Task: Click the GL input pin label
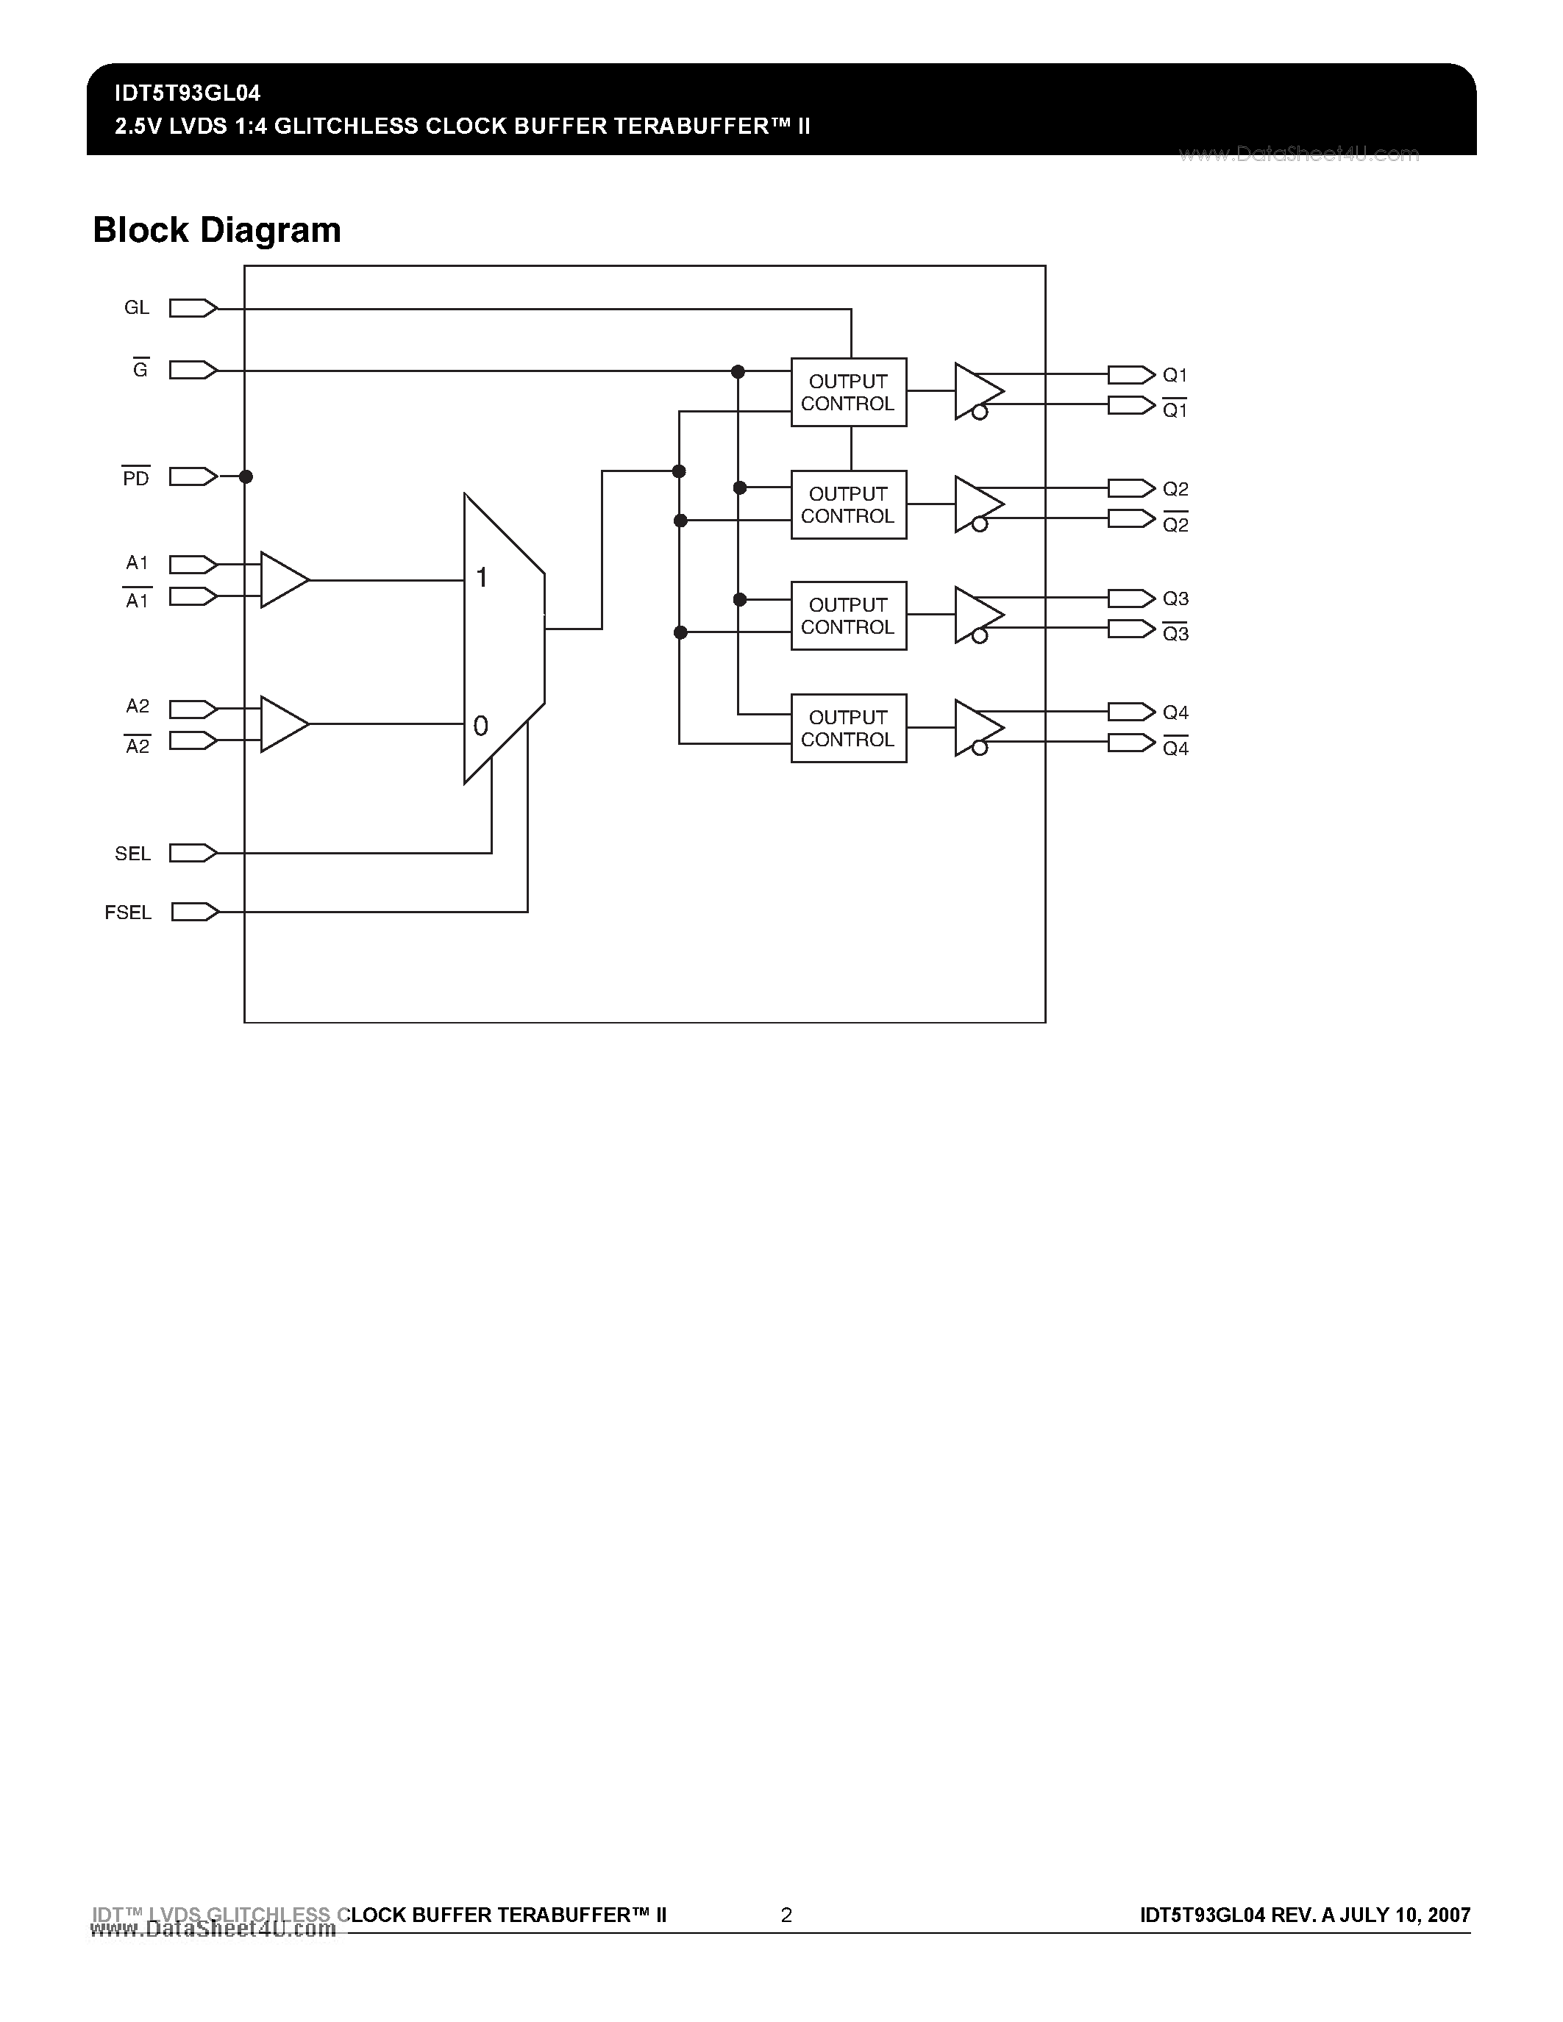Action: coord(136,307)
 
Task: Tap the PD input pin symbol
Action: coord(193,476)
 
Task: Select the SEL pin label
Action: coord(132,854)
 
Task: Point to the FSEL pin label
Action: coord(128,913)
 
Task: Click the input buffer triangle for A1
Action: coord(282,580)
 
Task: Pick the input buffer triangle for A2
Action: coord(282,724)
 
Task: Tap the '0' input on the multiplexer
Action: coord(480,726)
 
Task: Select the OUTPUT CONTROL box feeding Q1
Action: coord(848,393)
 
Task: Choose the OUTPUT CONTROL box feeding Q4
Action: coord(848,729)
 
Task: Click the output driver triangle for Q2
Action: coord(976,504)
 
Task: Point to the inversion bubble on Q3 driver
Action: coord(980,635)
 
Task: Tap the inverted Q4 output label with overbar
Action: coord(1175,748)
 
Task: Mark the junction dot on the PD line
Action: coord(246,476)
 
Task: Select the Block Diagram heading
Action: coord(217,229)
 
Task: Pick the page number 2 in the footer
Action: coord(786,1915)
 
